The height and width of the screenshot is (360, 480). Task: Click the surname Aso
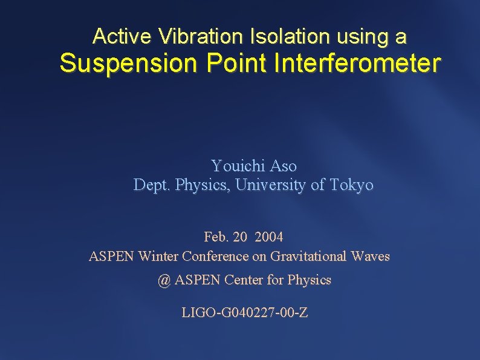pyautogui.click(x=284, y=165)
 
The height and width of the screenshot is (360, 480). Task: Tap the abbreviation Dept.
pyautogui.click(x=152, y=185)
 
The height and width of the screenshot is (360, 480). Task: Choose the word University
pyautogui.click(x=271, y=185)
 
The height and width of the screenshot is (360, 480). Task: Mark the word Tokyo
pyautogui.click(x=352, y=185)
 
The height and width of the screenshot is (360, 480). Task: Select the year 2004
pyautogui.click(x=269, y=236)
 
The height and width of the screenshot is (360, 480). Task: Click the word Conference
pyautogui.click(x=215, y=256)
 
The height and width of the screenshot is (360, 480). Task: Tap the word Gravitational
pyautogui.click(x=308, y=256)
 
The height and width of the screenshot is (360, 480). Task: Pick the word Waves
pyautogui.click(x=370, y=256)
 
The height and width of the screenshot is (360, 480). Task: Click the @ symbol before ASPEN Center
pyautogui.click(x=164, y=280)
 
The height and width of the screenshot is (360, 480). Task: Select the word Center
pyautogui.click(x=244, y=280)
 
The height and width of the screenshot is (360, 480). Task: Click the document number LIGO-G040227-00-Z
pyautogui.click(x=244, y=313)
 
